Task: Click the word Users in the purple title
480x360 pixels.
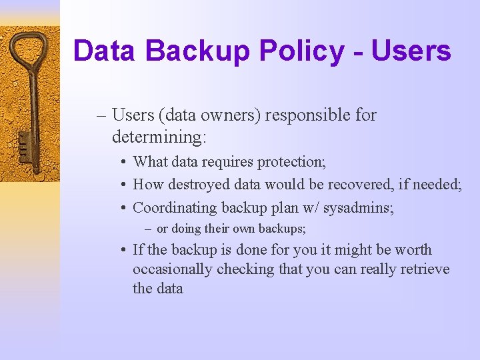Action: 411,51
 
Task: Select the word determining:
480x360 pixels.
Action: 160,137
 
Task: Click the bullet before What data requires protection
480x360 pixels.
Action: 125,162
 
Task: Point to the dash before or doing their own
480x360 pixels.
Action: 149,229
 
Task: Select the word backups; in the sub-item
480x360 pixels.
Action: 283,229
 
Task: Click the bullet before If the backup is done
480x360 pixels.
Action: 125,251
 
